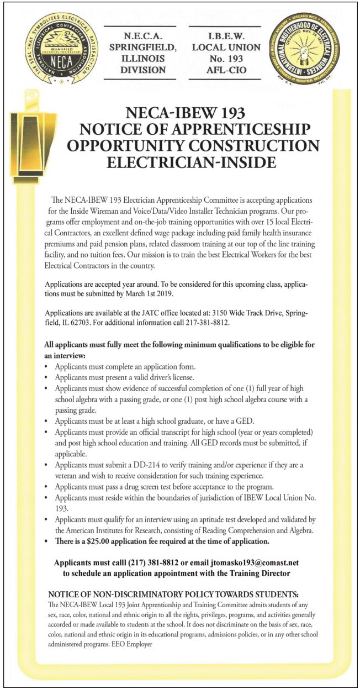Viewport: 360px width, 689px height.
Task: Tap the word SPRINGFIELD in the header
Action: click(142, 47)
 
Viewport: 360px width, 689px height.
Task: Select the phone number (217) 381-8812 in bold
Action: click(155, 562)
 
